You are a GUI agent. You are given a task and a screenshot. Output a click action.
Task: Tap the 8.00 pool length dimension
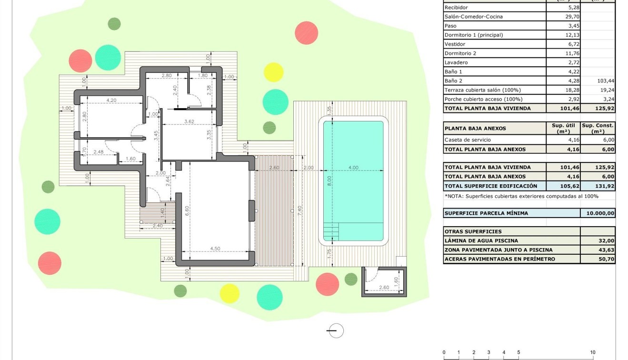[x=329, y=181]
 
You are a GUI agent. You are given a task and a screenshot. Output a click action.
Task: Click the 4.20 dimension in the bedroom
[x=111, y=100]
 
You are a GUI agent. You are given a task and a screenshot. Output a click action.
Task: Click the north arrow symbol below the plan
[x=336, y=330]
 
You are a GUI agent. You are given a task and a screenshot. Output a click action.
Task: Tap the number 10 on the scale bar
[x=593, y=352]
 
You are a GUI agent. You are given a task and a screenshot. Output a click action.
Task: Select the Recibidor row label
[x=456, y=8]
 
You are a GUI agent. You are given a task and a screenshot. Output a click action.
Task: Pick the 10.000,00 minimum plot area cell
[x=598, y=213]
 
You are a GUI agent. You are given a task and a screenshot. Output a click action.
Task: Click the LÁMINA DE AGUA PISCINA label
[x=481, y=241]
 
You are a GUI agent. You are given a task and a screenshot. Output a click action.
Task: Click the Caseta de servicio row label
[x=467, y=140]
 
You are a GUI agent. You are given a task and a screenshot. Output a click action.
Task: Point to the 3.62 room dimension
[x=189, y=121]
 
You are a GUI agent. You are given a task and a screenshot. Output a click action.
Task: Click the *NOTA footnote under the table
[x=521, y=196]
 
